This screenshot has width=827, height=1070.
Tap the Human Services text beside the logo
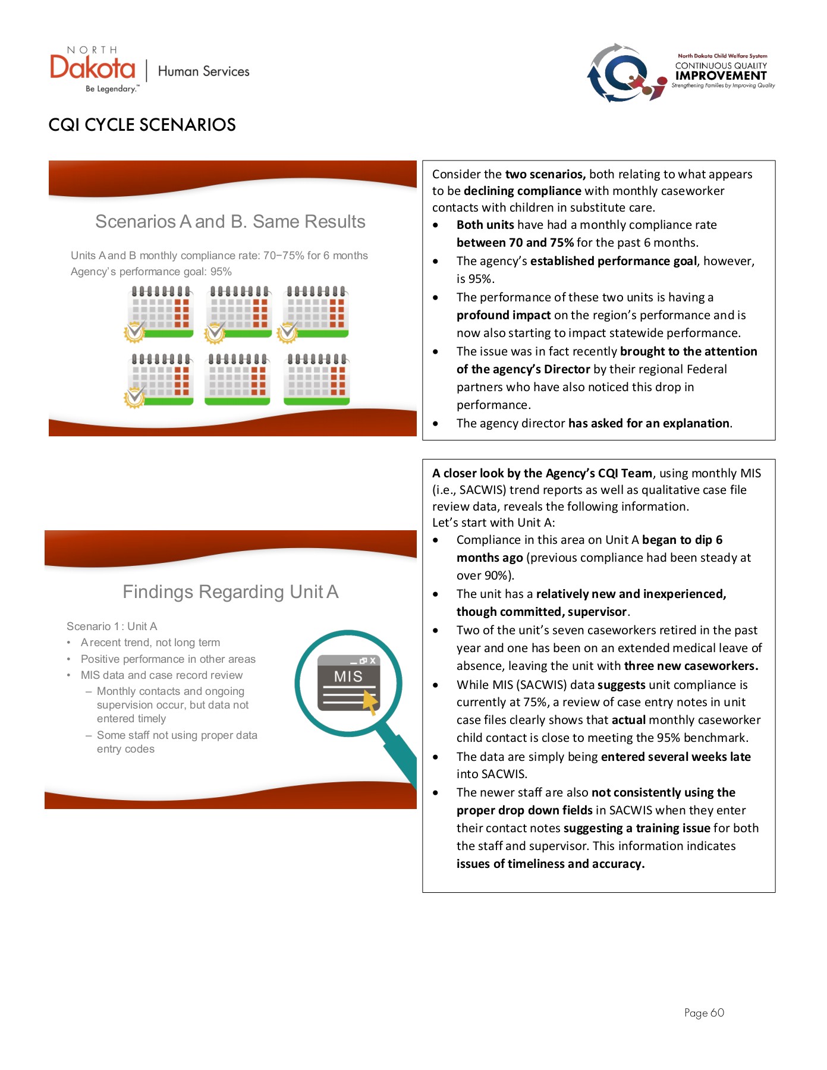point(203,71)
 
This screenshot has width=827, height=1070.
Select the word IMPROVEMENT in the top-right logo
point(721,75)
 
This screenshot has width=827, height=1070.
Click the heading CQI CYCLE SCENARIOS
point(142,125)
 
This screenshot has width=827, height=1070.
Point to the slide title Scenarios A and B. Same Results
point(230,222)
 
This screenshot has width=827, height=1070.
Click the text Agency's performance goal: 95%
point(151,272)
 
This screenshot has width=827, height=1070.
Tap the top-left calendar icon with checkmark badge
point(159,313)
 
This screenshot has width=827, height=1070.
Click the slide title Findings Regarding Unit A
point(230,592)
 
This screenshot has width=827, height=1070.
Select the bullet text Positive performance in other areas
point(168,659)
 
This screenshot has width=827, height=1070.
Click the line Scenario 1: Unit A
point(112,627)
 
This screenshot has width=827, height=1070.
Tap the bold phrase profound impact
point(503,315)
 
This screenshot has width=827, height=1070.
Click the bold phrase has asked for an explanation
point(649,423)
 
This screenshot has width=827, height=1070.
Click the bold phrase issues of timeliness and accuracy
point(550,864)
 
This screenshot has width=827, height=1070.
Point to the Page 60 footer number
point(704,1013)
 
